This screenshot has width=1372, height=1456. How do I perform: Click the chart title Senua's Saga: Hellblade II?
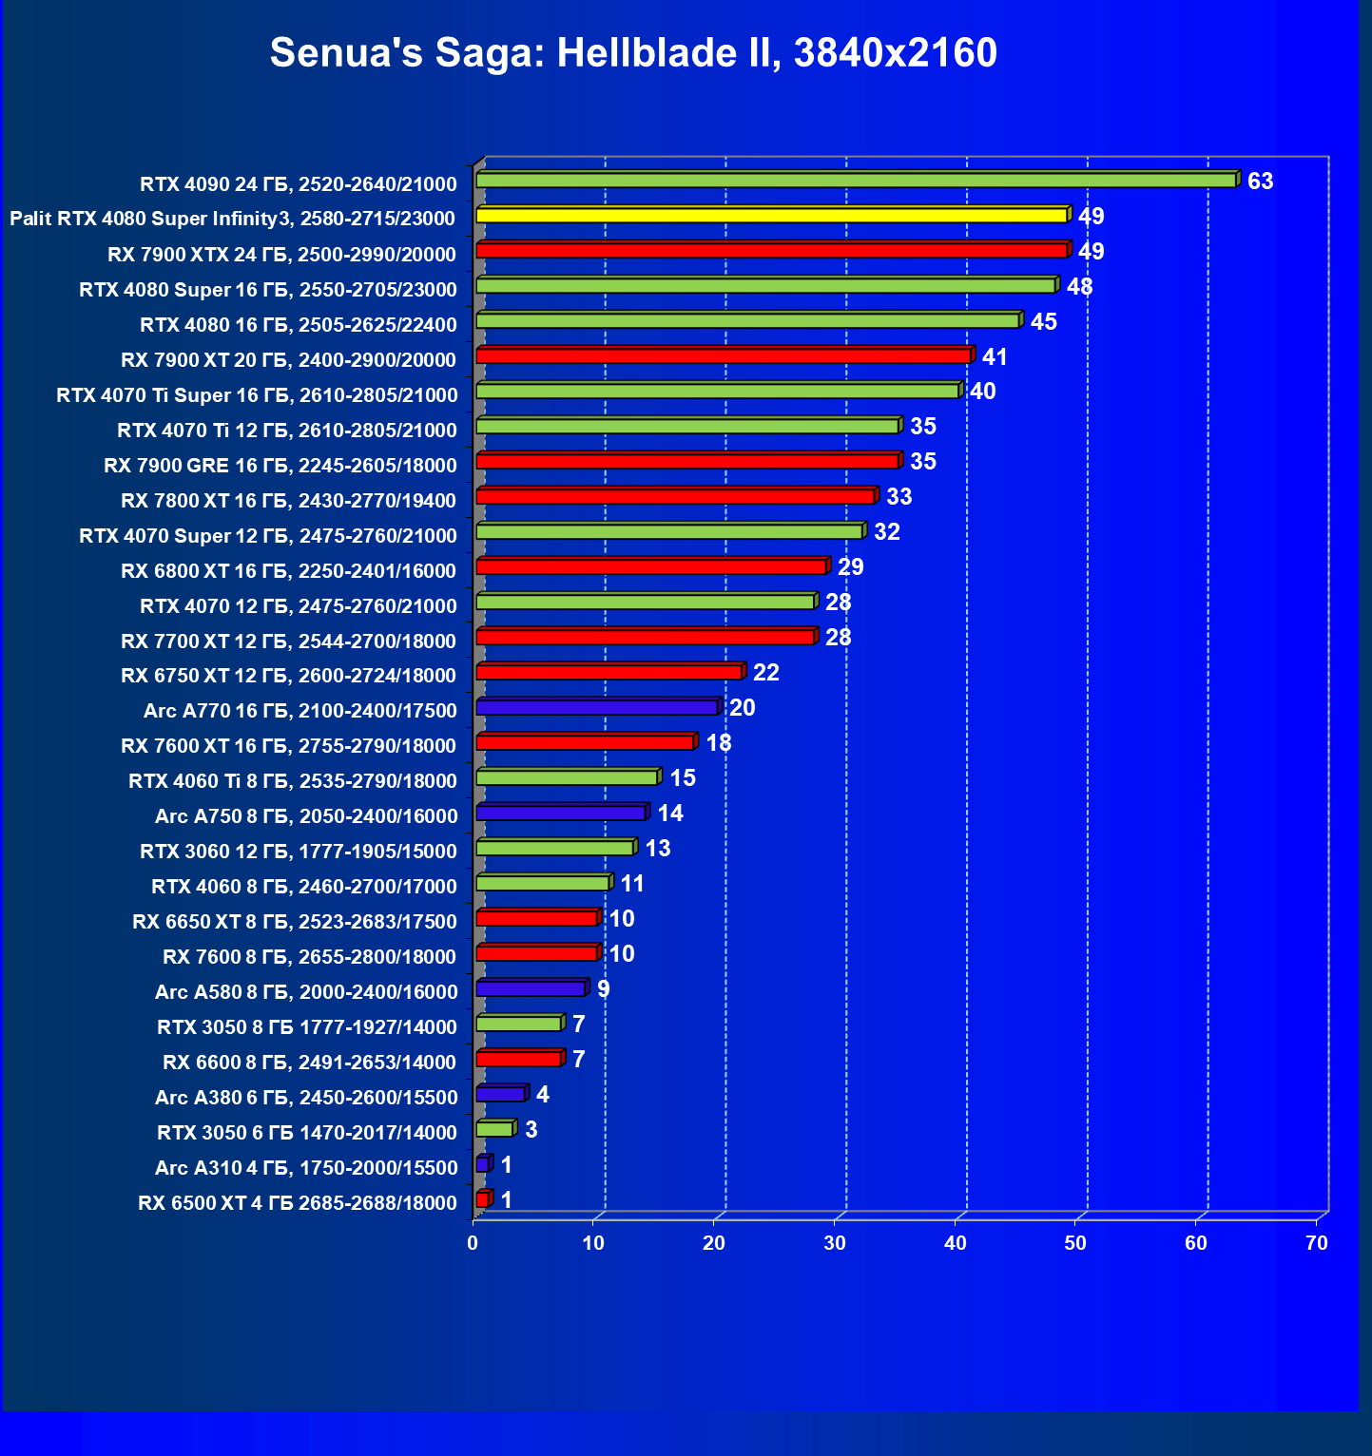633,53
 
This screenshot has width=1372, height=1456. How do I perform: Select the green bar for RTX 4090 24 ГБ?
856,180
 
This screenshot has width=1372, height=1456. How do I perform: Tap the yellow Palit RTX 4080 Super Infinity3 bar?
771,215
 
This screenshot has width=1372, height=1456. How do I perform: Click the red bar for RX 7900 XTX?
771,250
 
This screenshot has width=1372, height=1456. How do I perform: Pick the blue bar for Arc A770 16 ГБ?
596,707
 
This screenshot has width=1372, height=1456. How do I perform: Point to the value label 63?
1260,182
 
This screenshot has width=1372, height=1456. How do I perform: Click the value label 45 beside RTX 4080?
1043,321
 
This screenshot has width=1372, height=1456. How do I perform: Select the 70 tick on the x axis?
1316,1243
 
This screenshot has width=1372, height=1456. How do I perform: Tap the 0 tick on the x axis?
473,1243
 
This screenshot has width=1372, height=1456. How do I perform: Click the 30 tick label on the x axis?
835,1243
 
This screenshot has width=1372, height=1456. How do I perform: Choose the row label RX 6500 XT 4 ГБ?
298,1203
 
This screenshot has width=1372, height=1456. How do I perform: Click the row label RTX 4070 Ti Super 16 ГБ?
257,395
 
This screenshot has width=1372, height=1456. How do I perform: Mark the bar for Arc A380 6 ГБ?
500,1094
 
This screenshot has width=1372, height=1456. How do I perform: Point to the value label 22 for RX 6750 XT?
765,673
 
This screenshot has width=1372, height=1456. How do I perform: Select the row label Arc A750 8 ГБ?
306,816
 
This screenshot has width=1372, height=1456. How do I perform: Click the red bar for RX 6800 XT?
650,566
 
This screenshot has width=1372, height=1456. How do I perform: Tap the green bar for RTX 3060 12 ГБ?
554,848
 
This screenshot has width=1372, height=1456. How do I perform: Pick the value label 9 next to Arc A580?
603,989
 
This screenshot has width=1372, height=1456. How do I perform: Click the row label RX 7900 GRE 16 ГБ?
280,466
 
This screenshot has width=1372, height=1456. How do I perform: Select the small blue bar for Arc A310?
482,1164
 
